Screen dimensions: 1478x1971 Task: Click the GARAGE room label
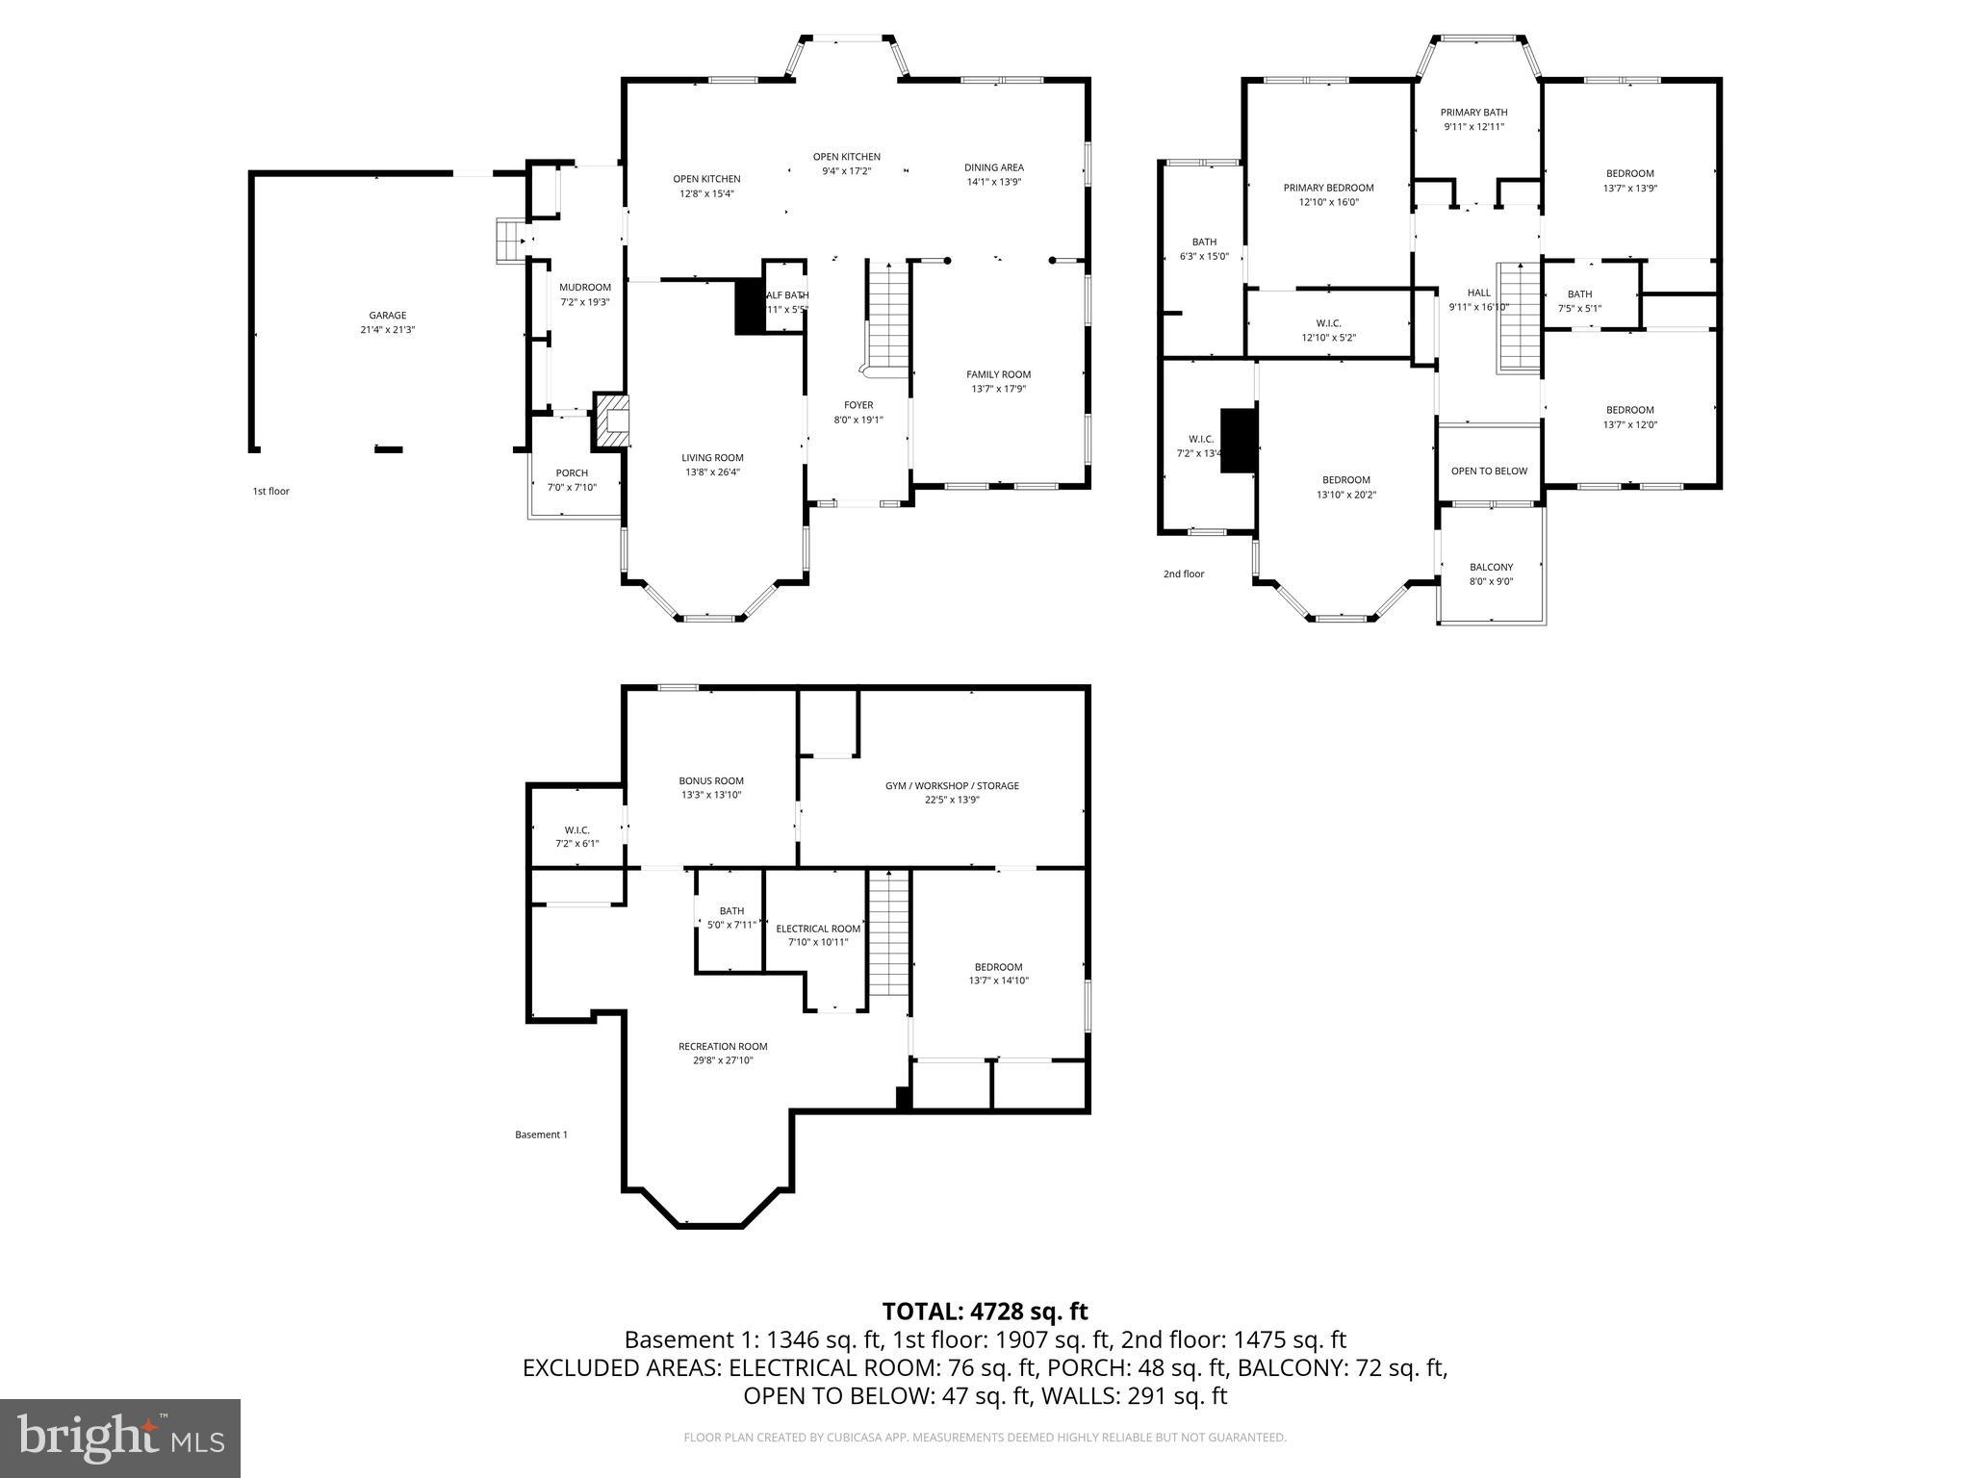click(x=387, y=316)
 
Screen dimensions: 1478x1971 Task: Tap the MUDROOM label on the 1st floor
click(x=585, y=288)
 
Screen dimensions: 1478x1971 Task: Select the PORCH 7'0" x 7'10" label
click(x=572, y=480)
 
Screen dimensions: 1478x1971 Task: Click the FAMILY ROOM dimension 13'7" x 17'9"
click(x=998, y=390)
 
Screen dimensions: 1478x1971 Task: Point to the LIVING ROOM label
click(x=712, y=458)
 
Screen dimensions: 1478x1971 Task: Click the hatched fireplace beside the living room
click(x=612, y=420)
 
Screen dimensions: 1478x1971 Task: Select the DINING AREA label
click(x=993, y=167)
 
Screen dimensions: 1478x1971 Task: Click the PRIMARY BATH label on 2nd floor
click(x=1473, y=113)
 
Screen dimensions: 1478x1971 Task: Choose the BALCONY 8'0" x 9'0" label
click(x=1491, y=574)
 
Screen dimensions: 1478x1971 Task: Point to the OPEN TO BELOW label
click(x=1489, y=471)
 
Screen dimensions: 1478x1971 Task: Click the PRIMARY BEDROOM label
click(x=1328, y=188)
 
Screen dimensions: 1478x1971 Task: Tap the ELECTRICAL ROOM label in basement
click(x=818, y=929)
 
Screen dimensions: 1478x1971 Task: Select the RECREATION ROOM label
click(x=723, y=1047)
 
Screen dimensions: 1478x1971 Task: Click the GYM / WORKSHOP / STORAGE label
click(x=952, y=786)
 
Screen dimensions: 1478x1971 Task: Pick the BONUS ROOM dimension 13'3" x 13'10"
click(x=710, y=795)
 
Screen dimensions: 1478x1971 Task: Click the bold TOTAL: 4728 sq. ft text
click(x=985, y=1312)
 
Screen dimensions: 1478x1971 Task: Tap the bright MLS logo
click(x=120, y=1439)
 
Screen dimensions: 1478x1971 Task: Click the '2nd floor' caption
click(x=1183, y=574)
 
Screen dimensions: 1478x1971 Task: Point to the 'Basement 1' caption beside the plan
click(x=541, y=1135)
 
